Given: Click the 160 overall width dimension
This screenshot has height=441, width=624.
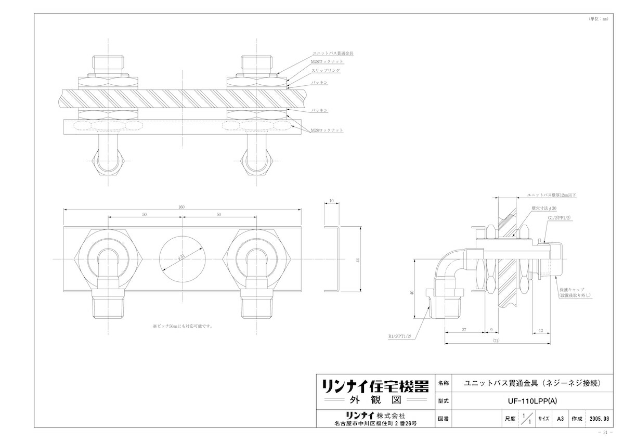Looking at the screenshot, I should point(181,206).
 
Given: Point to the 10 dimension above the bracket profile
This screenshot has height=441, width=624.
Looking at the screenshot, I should point(331,201).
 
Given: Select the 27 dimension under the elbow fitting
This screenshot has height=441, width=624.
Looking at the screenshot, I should point(463,330).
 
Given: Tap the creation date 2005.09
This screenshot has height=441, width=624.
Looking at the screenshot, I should point(600,418).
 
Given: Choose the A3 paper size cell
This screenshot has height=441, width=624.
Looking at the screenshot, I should point(560,418).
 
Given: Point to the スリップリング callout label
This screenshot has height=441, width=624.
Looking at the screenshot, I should point(326,70).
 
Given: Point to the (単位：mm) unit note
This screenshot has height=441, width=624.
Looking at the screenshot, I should point(597,18).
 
